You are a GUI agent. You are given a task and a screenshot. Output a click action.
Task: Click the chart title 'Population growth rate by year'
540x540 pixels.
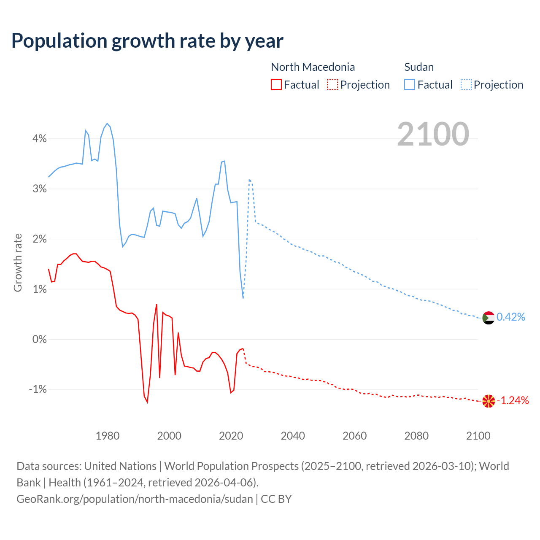pos(147,41)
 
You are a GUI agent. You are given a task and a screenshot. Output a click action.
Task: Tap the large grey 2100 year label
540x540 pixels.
pos(433,134)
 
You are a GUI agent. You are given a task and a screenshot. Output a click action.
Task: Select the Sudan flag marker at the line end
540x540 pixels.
pos(488,318)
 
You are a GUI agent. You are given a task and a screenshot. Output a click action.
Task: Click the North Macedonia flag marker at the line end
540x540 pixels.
pos(488,401)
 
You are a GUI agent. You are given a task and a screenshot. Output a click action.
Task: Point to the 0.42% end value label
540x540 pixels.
pos(511,317)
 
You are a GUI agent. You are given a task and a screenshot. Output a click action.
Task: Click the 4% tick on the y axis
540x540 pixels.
pos(39,139)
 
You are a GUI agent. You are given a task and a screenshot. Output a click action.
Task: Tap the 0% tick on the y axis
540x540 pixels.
pos(39,339)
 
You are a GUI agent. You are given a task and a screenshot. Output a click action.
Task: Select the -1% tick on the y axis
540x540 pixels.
pos(38,389)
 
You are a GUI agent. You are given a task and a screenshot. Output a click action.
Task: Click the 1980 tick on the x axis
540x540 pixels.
pos(108,436)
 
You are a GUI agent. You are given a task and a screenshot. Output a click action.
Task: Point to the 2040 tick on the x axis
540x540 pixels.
pos(293,436)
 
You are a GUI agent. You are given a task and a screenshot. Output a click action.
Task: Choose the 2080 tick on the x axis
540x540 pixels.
pos(416,436)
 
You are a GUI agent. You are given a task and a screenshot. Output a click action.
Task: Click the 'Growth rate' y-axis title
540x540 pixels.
pos(18,262)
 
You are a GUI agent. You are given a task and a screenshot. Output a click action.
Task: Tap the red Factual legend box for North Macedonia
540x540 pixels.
pos(276,84)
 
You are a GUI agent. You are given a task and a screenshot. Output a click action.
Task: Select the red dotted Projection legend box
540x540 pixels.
pos(332,84)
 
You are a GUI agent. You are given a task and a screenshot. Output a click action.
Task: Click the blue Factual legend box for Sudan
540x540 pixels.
pos(410,84)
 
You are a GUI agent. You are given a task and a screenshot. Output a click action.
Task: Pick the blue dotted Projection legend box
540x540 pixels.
pos(466,84)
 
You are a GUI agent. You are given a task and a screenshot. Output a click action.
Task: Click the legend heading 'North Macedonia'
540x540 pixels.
pos(313,67)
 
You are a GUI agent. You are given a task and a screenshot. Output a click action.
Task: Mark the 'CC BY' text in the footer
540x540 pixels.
pos(276,499)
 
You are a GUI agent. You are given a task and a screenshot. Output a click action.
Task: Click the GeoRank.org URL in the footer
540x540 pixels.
pos(135,499)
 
